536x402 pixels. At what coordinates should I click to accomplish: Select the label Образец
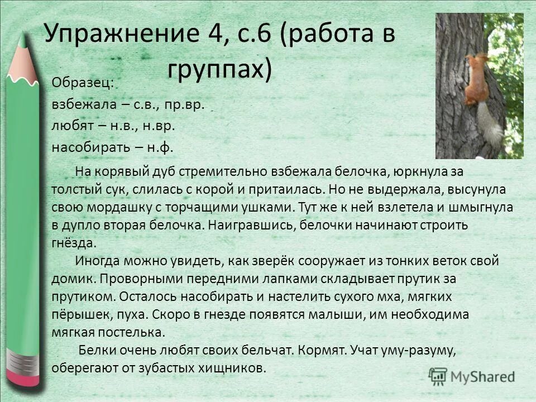(83, 82)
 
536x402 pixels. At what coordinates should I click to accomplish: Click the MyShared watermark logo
(472, 376)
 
